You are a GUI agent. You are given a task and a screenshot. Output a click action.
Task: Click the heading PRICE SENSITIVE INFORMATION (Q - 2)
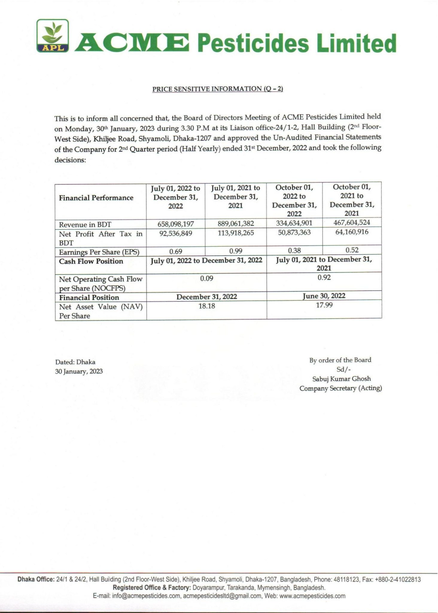click(218, 89)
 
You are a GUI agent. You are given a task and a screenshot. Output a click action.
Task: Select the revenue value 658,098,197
click(176, 224)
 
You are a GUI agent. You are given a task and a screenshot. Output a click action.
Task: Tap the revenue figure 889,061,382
click(236, 223)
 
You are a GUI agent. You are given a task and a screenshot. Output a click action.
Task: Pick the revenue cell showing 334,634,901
click(294, 223)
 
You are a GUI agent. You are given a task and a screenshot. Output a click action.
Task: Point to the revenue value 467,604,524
click(352, 222)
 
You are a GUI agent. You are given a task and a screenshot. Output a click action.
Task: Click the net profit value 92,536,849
click(176, 233)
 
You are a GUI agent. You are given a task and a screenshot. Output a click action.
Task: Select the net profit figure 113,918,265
click(236, 233)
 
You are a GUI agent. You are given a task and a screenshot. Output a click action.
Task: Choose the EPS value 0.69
click(176, 251)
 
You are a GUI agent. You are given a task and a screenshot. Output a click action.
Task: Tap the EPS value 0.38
click(294, 250)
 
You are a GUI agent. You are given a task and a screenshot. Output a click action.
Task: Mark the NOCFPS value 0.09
click(206, 278)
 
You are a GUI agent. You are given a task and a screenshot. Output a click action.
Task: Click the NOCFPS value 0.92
click(324, 277)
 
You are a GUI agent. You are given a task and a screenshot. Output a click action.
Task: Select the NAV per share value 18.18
click(207, 306)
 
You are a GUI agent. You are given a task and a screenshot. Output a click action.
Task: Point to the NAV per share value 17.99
click(324, 305)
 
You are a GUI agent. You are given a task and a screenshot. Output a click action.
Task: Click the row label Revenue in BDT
click(85, 224)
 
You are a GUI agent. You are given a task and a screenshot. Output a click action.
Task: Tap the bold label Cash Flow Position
click(91, 261)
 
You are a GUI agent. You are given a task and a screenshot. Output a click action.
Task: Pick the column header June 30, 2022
click(324, 296)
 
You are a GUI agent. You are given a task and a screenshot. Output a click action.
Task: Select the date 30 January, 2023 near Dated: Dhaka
click(79, 371)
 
